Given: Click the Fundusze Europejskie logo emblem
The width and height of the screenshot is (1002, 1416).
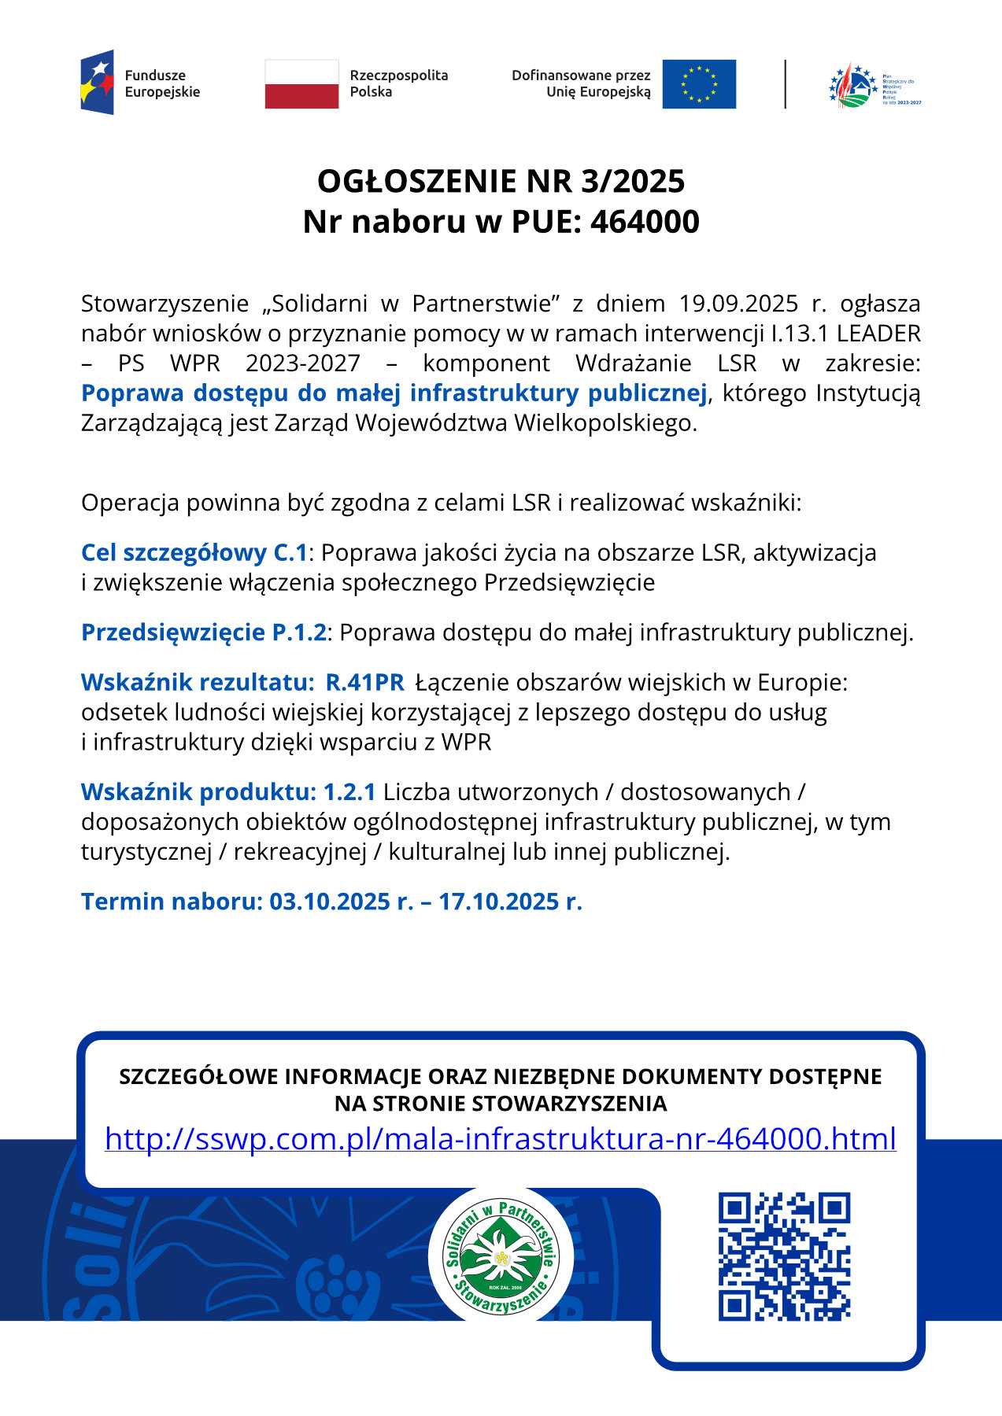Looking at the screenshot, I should click(x=98, y=83).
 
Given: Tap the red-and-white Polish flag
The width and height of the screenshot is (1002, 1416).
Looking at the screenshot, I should click(x=301, y=83).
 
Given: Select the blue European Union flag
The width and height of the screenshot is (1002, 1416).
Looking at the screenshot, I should click(x=699, y=83).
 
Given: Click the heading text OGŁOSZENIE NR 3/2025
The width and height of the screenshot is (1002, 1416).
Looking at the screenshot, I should click(x=501, y=182).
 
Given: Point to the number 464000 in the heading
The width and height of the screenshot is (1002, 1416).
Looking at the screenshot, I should click(x=645, y=223).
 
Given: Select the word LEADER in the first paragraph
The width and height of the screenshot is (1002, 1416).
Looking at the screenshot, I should click(x=878, y=334).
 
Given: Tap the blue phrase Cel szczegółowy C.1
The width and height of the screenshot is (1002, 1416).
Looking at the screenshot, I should click(x=194, y=553).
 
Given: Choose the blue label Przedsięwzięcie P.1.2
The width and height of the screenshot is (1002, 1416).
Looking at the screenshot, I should click(x=203, y=632).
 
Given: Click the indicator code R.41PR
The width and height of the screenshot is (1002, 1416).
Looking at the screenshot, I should click(x=365, y=683).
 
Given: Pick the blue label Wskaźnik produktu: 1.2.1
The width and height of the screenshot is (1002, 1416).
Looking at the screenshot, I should click(x=228, y=792).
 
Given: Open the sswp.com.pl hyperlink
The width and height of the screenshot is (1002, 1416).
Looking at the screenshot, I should click(x=501, y=1139).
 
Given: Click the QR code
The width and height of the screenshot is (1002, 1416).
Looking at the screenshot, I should click(x=784, y=1256).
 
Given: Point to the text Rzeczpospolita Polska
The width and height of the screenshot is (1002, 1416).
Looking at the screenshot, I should click(x=398, y=83).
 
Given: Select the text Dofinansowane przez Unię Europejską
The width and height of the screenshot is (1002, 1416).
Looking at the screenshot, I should click(x=582, y=83).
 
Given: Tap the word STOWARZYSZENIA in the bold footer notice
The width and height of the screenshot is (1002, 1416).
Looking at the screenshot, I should click(x=568, y=1104).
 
